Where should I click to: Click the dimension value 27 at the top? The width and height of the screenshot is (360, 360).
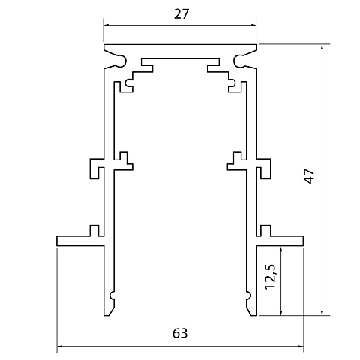point(181,14)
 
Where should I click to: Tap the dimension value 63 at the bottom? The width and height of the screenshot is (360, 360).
point(180,333)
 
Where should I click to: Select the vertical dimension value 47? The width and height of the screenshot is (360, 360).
point(310,176)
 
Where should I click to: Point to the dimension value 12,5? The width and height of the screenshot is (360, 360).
point(271,276)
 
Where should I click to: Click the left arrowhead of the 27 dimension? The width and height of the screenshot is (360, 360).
point(106,25)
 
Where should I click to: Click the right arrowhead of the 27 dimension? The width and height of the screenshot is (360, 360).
point(253,25)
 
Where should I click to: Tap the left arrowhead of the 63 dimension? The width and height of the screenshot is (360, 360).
point(60,346)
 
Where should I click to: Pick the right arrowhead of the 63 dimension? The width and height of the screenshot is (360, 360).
point(301,346)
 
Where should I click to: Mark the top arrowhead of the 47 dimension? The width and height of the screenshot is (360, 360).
point(322,47)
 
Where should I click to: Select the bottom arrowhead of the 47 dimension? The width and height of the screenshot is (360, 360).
point(322,312)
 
